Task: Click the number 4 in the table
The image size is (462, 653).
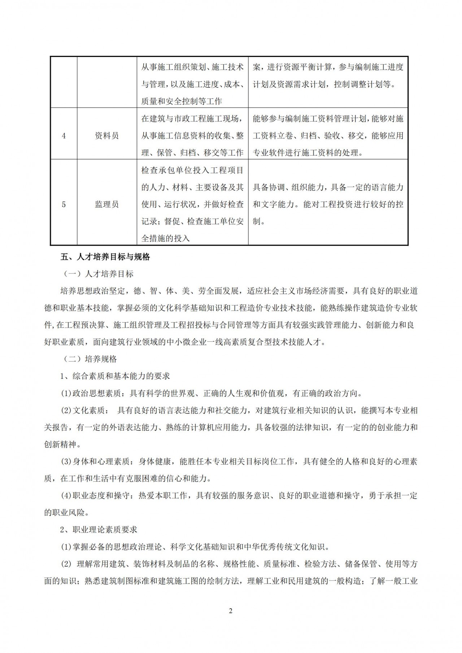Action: point(64,136)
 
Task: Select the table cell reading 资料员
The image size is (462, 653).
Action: point(107,136)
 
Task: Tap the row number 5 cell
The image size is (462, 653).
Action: point(64,205)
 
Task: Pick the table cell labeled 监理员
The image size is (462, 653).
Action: point(107,205)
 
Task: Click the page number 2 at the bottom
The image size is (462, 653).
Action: point(231,611)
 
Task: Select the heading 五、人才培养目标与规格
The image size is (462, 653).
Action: point(105,257)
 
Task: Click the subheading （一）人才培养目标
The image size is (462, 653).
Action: point(97,274)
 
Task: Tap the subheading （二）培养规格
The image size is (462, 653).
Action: point(88,359)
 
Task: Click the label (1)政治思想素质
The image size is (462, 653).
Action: point(90,393)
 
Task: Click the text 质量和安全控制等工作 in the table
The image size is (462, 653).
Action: point(182,101)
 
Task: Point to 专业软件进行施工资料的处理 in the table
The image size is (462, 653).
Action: point(308,153)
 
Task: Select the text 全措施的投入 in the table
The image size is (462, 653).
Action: point(165,238)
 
